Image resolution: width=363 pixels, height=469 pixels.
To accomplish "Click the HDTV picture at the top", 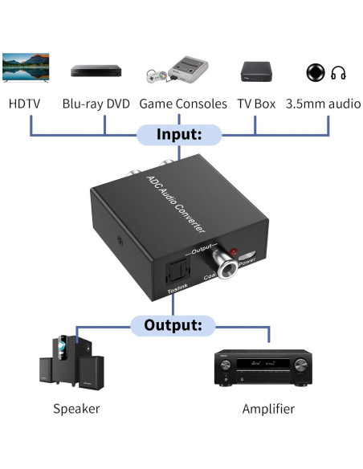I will click(x=26, y=67).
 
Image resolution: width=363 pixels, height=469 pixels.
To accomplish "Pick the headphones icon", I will click(x=337, y=72).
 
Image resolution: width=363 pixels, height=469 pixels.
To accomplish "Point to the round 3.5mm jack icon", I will click(x=315, y=72).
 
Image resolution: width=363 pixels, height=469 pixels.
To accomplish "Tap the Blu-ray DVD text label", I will click(x=96, y=104).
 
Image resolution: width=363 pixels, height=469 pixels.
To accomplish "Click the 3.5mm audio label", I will click(x=321, y=104).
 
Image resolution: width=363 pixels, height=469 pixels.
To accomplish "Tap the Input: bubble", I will click(x=178, y=134).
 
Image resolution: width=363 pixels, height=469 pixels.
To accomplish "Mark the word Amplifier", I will click(x=268, y=409).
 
